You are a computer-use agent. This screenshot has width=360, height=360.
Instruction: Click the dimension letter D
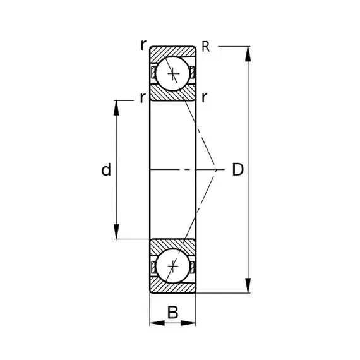pyautogui.click(x=237, y=169)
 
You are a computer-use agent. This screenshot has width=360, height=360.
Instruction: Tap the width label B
pyautogui.click(x=172, y=312)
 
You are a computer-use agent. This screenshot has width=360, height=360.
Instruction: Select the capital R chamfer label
pyautogui.click(x=205, y=47)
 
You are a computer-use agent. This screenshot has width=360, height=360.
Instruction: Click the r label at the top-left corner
pyautogui.click(x=143, y=45)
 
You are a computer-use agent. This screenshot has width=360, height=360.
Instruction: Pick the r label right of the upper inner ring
pyautogui.click(x=204, y=97)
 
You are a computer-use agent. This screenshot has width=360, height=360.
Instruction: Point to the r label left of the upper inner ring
pyautogui.click(x=143, y=97)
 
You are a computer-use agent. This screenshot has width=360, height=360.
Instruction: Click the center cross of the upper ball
pyautogui.click(x=173, y=73)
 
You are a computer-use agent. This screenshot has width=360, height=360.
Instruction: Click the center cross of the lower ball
pyautogui.click(x=173, y=266)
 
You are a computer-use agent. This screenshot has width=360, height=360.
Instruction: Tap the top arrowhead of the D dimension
pyautogui.click(x=248, y=54)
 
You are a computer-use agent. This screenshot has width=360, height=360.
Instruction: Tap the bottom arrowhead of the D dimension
pyautogui.click(x=248, y=285)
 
